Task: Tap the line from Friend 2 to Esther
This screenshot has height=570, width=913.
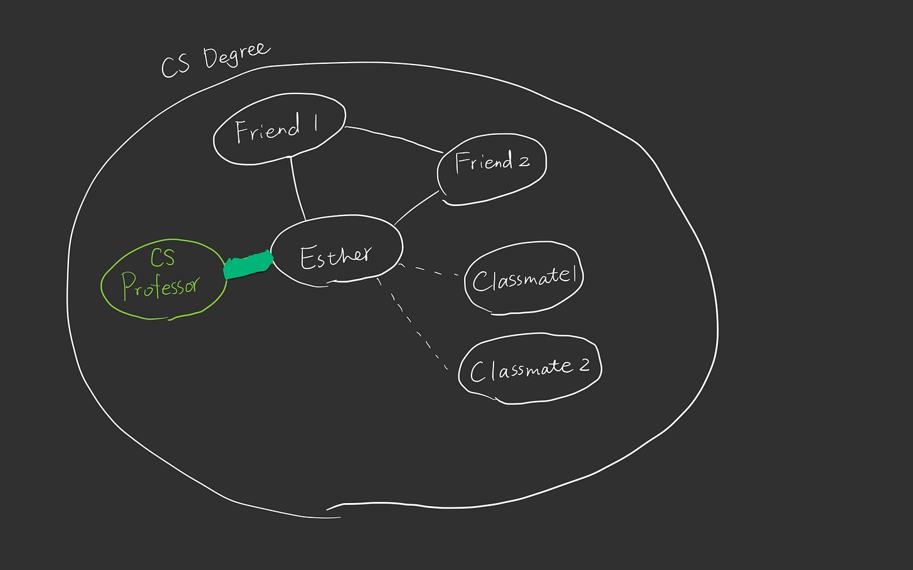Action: coord(416,207)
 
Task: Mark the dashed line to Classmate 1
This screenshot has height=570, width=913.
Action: coord(431,271)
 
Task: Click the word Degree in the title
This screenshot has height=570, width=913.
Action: coord(236,54)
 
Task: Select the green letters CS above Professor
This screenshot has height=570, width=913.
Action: coord(162,257)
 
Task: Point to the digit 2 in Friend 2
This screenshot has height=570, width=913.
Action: coord(524,162)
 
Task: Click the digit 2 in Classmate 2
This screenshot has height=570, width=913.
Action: coord(584,365)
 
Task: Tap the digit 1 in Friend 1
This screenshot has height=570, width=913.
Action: coord(316,123)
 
